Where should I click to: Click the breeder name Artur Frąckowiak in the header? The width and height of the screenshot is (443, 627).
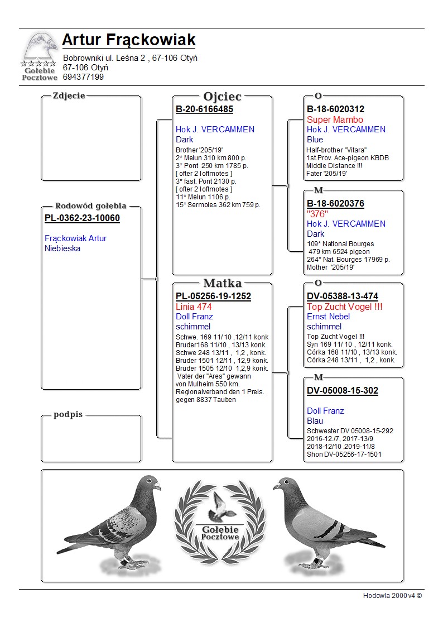[128, 40]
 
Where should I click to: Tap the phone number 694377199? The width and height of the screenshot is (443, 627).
[83, 77]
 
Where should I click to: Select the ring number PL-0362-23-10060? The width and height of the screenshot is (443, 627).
[82, 218]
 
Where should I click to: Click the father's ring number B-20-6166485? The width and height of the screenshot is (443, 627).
[204, 109]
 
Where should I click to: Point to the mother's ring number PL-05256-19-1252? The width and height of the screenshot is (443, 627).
[213, 296]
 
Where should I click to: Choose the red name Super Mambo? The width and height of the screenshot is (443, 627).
[335, 119]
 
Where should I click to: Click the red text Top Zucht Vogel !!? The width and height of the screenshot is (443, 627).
[344, 307]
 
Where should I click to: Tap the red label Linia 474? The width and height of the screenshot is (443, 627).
[194, 307]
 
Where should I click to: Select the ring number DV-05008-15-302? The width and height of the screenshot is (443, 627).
[342, 391]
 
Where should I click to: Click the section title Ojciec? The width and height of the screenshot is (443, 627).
[222, 96]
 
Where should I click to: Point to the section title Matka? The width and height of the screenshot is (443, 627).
[222, 283]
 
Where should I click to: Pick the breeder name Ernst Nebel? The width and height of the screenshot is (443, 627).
[328, 317]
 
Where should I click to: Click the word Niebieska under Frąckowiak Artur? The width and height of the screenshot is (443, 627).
[62, 248]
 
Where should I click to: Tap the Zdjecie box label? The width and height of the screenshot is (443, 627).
[69, 95]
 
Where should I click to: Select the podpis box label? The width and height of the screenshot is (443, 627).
[68, 414]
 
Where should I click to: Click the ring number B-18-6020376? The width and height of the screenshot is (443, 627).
[335, 204]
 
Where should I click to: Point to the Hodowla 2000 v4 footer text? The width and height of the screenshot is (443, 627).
[392, 595]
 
